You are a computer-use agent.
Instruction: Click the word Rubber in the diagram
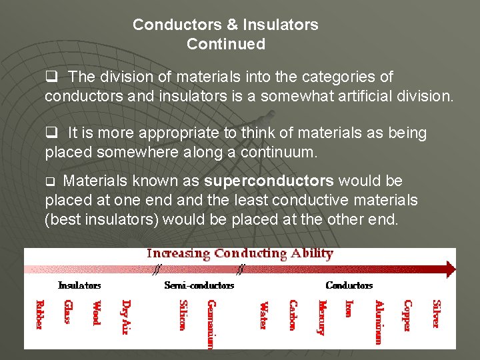(39, 315)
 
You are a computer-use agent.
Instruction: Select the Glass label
(68, 312)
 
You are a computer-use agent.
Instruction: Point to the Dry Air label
(126, 317)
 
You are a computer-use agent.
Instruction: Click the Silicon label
(182, 315)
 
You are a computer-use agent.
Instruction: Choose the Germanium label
(211, 324)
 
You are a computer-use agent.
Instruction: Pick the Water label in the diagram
(263, 314)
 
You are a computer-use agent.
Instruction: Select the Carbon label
(293, 315)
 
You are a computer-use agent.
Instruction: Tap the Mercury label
(321, 317)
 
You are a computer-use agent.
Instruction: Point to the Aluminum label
(379, 322)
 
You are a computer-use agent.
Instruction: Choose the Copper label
(407, 315)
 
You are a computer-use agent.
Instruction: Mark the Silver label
(436, 313)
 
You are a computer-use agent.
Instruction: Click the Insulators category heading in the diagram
(79, 285)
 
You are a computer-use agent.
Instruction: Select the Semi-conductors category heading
(199, 285)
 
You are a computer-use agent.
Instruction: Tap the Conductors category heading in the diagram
(349, 285)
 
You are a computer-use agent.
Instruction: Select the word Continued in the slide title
(225, 45)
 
